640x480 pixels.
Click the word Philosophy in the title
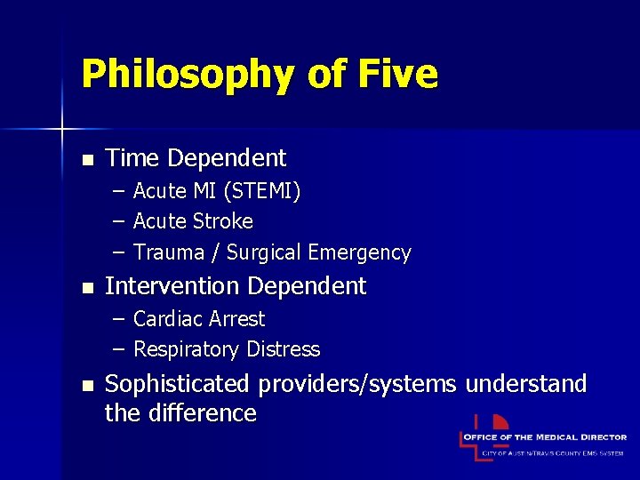(182, 74)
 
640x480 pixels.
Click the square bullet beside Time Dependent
(86, 161)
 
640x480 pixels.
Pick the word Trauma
(169, 252)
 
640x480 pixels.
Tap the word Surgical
(264, 253)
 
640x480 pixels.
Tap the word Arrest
(237, 319)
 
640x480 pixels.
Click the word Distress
(279, 349)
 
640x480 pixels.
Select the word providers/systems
(357, 385)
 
